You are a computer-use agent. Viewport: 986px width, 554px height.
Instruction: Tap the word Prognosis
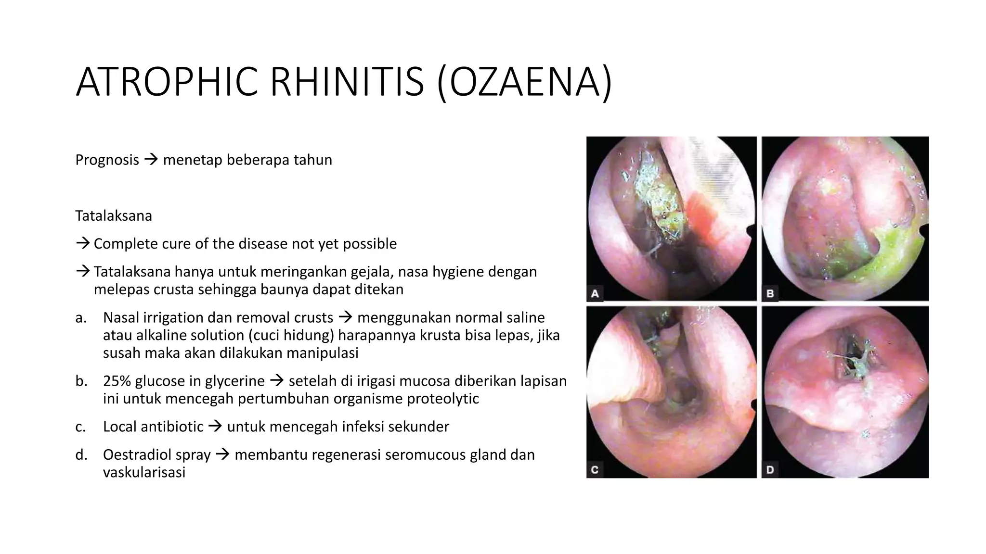(x=107, y=160)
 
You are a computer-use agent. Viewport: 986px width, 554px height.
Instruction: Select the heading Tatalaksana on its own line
(x=114, y=215)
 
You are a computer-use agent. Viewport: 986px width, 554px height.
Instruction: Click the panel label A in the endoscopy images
(x=595, y=293)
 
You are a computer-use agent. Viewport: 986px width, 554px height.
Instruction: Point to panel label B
(x=770, y=293)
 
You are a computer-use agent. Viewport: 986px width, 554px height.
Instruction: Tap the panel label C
(x=595, y=469)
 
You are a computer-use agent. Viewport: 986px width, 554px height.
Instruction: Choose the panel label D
(x=770, y=469)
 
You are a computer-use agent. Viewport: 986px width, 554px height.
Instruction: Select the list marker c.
(x=80, y=427)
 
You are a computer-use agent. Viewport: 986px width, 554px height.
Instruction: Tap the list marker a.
(x=80, y=317)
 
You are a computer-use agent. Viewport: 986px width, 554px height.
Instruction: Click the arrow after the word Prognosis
(x=151, y=159)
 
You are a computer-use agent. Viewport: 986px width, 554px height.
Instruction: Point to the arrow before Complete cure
(x=83, y=243)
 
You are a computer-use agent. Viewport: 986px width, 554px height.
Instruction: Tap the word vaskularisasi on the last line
(x=144, y=472)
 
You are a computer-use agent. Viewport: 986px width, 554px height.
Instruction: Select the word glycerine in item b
(x=234, y=381)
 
